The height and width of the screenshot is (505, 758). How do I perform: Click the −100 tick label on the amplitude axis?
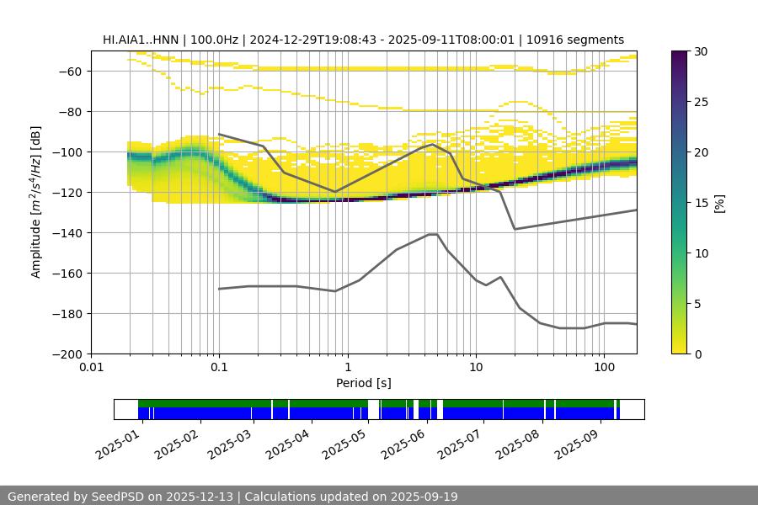pos(68,152)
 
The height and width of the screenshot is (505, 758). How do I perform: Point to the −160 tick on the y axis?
pos(68,274)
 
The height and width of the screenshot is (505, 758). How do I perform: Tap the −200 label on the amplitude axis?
pos(68,354)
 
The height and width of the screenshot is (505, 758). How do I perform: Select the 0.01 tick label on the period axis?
pos(91,368)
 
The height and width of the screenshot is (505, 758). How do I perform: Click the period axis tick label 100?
pos(604,368)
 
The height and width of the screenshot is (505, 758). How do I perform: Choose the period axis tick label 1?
pos(348,368)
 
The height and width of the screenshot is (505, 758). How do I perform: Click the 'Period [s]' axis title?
pos(364,383)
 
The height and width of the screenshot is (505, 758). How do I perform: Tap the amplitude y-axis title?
pos(36,202)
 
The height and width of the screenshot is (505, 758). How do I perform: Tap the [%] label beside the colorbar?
pos(719,203)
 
